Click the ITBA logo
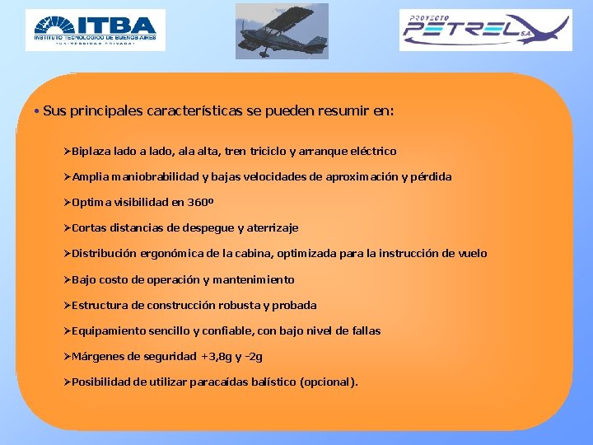(95, 30)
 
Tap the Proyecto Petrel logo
(485, 30)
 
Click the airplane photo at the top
(282, 31)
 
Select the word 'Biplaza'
(94, 152)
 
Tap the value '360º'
(199, 203)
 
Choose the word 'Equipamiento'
(108, 331)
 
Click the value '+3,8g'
(216, 357)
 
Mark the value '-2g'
(254, 357)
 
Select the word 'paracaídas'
(221, 382)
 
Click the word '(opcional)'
(329, 382)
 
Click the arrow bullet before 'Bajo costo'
(68, 280)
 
